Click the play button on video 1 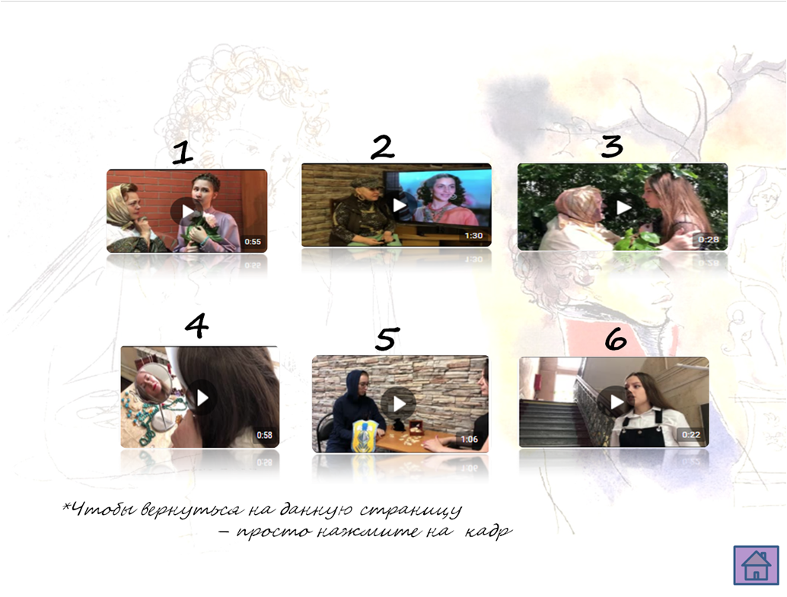tap(186, 211)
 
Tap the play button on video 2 tap(400, 205)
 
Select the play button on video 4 tap(202, 398)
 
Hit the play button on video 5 tap(399, 403)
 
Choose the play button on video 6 tap(614, 402)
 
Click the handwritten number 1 tap(182, 153)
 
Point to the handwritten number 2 tap(382, 147)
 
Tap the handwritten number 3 tap(613, 146)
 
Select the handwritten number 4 tap(196, 325)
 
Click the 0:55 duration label tap(253, 242)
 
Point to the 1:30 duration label tap(473, 235)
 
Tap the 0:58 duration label tap(265, 435)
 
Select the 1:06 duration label tap(470, 440)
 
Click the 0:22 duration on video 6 tap(690, 434)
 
